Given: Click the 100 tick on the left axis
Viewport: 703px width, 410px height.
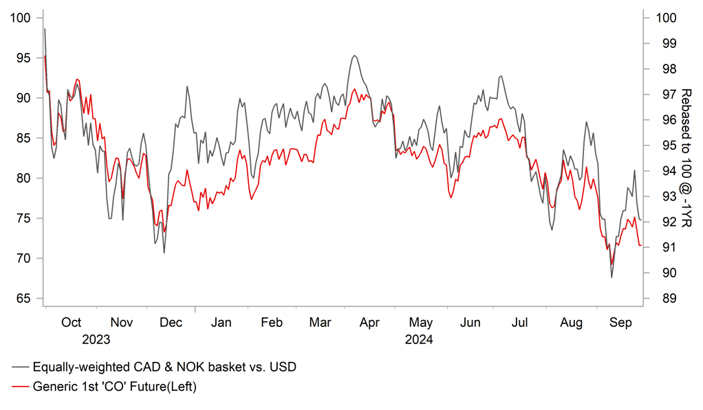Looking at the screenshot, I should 22,18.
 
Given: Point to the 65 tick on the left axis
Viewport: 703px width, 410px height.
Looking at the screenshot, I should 22,299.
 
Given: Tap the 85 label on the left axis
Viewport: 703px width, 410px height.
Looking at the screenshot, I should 22,138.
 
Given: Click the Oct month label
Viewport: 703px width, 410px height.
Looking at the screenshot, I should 71,323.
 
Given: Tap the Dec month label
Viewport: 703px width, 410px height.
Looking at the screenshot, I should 171,323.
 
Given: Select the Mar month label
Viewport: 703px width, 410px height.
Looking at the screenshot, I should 321,323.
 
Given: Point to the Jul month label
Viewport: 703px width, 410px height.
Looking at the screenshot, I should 521,323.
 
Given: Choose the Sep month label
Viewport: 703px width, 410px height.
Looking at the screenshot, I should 621,323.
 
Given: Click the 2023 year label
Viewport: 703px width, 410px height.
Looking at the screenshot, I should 96,339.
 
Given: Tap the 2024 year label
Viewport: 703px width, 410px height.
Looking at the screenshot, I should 419,339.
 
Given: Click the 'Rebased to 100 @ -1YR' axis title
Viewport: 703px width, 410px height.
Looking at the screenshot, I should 686,158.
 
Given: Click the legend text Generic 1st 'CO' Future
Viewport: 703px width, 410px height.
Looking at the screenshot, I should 115,387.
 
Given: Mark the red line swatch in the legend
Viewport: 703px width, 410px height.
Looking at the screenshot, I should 21,387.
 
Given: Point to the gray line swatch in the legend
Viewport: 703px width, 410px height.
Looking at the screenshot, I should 21,367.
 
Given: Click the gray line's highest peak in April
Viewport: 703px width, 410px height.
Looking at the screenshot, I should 354,56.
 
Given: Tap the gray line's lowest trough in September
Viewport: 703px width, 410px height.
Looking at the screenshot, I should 612,277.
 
